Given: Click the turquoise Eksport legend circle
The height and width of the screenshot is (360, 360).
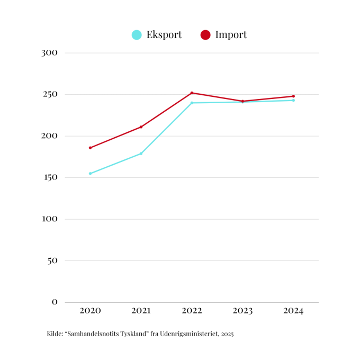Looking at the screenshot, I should click(x=137, y=35).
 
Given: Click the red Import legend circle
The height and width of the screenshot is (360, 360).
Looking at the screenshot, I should click(x=205, y=35).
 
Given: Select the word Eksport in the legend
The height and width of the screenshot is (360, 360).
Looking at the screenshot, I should click(x=164, y=35).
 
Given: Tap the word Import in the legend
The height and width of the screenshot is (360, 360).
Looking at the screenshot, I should click(x=231, y=35).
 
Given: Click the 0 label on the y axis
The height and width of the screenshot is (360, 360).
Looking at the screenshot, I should click(x=55, y=302).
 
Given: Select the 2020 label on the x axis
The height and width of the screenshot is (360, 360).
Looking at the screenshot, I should click(x=90, y=311).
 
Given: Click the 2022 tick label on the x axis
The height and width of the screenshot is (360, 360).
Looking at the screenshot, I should click(x=192, y=311).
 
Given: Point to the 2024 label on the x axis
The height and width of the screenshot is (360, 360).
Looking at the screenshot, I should click(x=293, y=311).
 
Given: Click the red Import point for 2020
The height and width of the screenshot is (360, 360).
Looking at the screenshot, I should click(x=90, y=148).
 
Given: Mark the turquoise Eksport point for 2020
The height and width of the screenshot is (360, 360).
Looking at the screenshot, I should click(x=90, y=173).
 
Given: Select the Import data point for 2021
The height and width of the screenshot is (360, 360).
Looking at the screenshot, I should click(x=141, y=127).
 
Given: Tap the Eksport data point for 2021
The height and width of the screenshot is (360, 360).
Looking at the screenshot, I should click(x=141, y=154).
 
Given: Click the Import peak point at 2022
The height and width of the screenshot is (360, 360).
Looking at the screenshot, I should click(x=192, y=93).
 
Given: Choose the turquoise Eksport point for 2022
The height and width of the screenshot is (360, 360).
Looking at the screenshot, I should click(x=192, y=103).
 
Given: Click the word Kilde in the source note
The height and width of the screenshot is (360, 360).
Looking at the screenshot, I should click(x=55, y=334).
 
